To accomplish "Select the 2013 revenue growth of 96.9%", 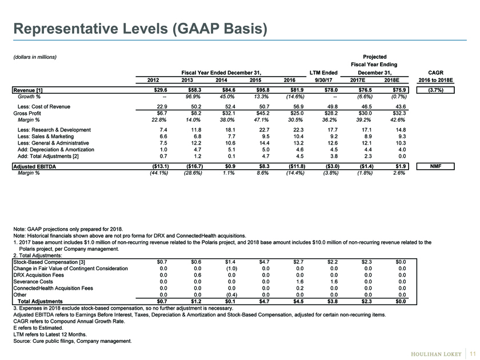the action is (193, 97).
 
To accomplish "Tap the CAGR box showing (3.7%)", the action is (435, 90).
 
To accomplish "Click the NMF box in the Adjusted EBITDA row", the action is (435, 166).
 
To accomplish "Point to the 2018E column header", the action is (392, 80).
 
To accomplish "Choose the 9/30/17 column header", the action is (323, 80).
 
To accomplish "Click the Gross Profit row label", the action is (27, 113).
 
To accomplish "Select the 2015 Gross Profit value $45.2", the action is (263, 113).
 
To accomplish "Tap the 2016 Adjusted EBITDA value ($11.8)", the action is (296, 166).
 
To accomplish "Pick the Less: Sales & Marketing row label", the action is (46, 137).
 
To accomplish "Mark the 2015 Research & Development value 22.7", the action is (264, 130).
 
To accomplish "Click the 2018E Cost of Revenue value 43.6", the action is (401, 106).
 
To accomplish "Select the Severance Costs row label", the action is (33, 282).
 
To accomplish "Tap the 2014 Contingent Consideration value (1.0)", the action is (231, 269).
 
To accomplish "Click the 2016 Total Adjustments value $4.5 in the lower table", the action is (298, 301).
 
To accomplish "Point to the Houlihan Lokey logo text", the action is (436, 354).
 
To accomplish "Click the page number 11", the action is (473, 354).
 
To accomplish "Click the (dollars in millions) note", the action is (35, 57).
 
